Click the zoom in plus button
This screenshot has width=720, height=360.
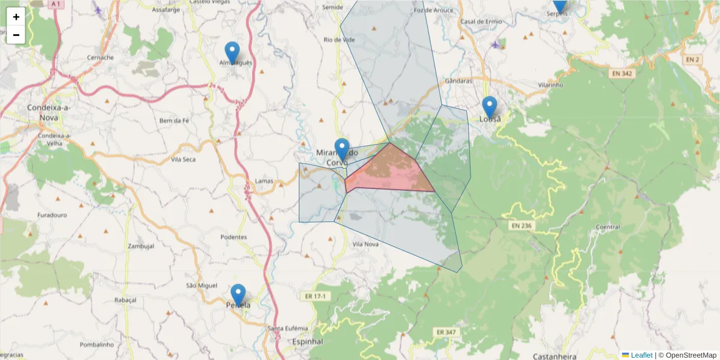[x=16, y=17]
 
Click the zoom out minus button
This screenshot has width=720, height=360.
[x=16, y=35]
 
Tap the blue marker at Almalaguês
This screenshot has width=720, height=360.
[x=232, y=52]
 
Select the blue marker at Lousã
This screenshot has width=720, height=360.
[x=490, y=107]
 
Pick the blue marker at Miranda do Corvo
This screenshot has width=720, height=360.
[x=342, y=149]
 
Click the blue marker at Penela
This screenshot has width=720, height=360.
[x=238, y=295]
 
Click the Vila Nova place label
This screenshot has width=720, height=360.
[x=365, y=244]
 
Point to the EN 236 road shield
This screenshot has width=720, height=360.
[x=522, y=226]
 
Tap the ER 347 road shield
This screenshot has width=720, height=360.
[x=445, y=331]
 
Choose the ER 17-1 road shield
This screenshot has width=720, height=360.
[x=314, y=296]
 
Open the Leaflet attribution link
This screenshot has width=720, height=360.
[x=641, y=355]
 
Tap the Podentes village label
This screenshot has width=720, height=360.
[x=233, y=237]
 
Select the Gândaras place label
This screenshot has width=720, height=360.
[x=459, y=80]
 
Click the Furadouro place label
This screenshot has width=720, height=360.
[x=52, y=214]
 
